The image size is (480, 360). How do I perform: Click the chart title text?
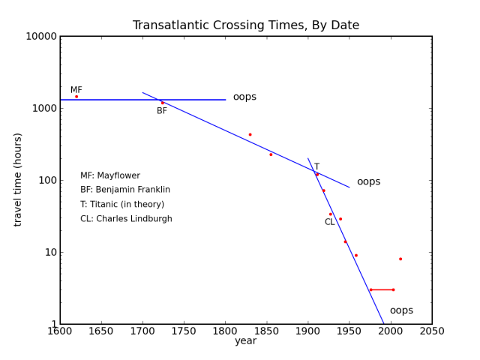coord(245,25)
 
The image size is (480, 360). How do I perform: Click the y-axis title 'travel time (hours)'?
coord(18,179)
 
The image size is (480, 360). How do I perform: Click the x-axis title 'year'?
coord(245,341)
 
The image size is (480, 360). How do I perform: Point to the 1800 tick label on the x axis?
coord(225,331)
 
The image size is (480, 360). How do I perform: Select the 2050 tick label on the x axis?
coord(431,331)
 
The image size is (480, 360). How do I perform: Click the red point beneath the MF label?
coord(76,96)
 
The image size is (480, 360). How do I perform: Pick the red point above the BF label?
coord(162,103)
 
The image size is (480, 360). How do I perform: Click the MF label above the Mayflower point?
coord(76,90)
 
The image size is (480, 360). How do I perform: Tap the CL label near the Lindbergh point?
coord(329,222)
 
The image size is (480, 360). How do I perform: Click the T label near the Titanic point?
coord(316,167)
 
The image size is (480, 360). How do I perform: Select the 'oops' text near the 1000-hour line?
coord(244,97)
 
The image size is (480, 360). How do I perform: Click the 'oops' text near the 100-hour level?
coord(368,181)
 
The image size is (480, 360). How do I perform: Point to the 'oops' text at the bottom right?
coord(401,310)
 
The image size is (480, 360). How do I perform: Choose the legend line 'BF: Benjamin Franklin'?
coord(125,190)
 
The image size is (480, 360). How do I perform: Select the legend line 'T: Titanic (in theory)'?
coord(122,204)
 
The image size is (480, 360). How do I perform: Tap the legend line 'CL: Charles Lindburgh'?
coord(126,219)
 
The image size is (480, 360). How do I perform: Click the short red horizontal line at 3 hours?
coord(382,289)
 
